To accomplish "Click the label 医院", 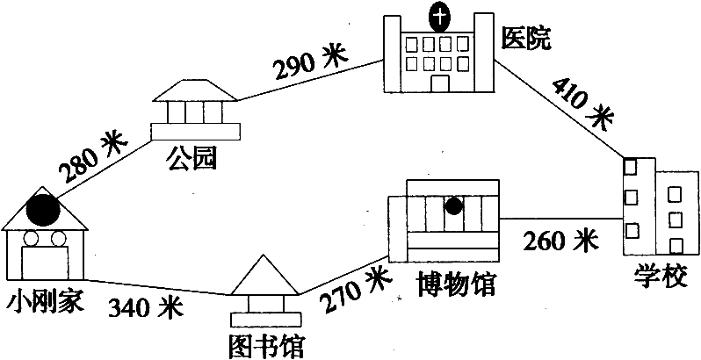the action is (x=525, y=39).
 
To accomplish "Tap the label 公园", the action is (x=191, y=159).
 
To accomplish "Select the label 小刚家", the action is (x=45, y=302).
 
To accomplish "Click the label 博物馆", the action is (x=456, y=284).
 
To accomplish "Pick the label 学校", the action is (x=660, y=277).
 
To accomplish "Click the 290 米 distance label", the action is (x=311, y=61).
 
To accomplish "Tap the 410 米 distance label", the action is (x=582, y=104).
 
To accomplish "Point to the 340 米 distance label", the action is (x=146, y=307).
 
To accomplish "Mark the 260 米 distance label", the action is (x=560, y=241).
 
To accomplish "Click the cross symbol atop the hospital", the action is (x=440, y=18).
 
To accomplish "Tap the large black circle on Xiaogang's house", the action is (x=43, y=210).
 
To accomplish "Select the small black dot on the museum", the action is (x=454, y=206).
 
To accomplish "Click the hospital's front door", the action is (x=440, y=83).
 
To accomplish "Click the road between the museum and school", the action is (x=561, y=219).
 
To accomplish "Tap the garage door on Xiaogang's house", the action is (x=45, y=263).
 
